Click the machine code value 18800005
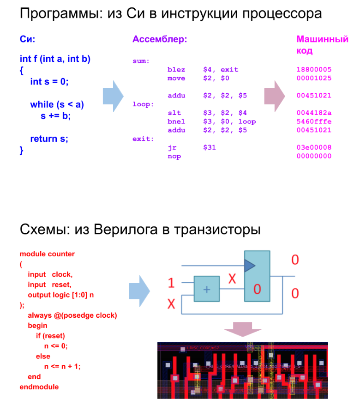[314, 70]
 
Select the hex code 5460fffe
[314, 122]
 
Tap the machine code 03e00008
[314, 148]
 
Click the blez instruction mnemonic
[176, 70]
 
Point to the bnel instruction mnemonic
[176, 122]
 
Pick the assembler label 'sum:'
[141, 61]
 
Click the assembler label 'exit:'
[143, 139]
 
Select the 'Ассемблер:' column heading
[160, 40]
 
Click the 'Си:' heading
[27, 40]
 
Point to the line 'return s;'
[49, 139]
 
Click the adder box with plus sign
[207, 289]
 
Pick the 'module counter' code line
[47, 254]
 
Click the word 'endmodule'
[39, 387]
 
